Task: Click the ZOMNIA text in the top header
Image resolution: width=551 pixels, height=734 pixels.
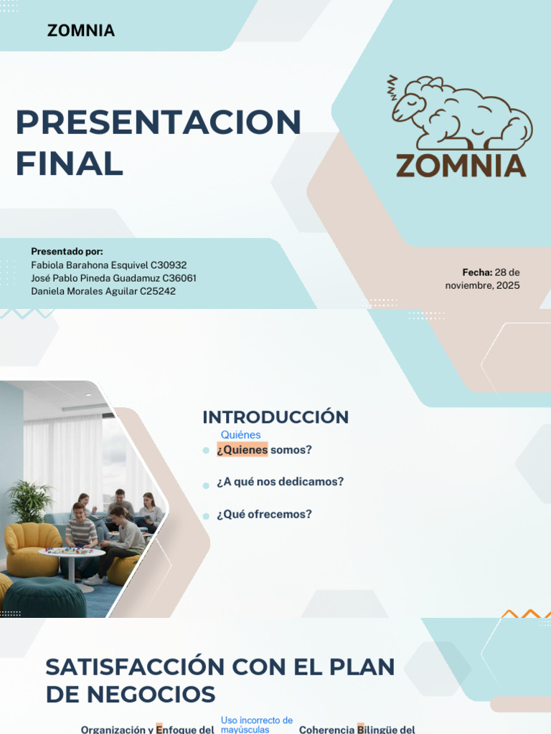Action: (80, 31)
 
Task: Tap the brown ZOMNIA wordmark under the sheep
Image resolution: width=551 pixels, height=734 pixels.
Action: (461, 166)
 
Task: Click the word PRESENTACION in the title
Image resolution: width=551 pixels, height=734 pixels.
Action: (158, 123)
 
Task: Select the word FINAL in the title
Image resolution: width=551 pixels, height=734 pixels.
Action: (69, 163)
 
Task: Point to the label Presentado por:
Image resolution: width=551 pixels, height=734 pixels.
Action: (67, 252)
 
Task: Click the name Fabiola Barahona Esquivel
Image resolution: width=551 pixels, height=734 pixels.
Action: (89, 265)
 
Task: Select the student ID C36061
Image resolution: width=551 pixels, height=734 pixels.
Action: (179, 278)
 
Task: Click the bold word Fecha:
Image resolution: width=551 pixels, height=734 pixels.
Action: (477, 272)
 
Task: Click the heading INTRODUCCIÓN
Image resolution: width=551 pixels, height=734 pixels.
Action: (275, 417)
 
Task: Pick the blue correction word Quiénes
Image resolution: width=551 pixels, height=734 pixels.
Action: (240, 435)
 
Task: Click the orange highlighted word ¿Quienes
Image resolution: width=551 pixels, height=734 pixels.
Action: (242, 450)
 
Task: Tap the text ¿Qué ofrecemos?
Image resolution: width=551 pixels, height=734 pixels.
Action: (264, 515)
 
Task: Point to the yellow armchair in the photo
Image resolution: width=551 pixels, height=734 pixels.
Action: (32, 548)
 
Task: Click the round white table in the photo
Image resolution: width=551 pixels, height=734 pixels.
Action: (72, 554)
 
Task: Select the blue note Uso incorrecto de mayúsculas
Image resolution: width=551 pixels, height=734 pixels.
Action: (256, 725)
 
